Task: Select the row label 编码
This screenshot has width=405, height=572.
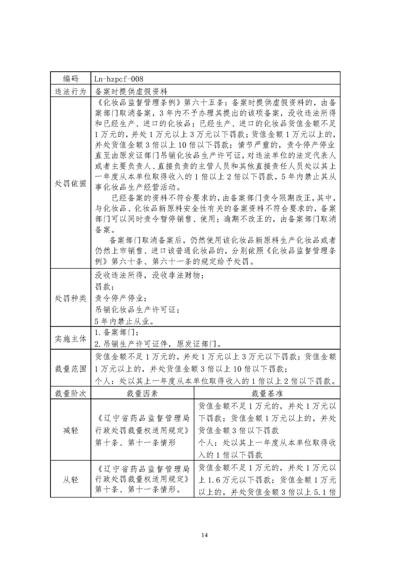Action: tap(71, 79)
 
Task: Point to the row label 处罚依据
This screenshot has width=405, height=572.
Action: tap(71, 184)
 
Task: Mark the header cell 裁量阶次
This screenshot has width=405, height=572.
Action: tap(71, 394)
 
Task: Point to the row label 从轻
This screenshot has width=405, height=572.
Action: tap(71, 479)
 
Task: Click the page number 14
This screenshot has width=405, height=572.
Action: tap(205, 535)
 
